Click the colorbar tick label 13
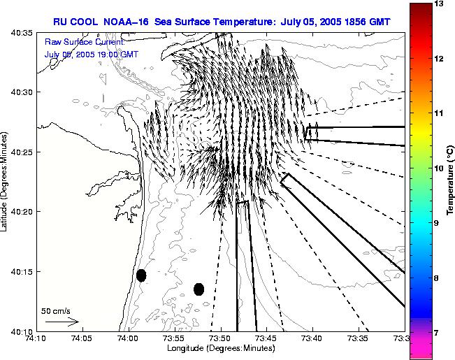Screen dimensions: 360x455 point(439,4)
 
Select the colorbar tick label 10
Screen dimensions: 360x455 point(439,168)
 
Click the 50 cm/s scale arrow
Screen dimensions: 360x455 point(62,322)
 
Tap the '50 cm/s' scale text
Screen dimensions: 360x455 point(56,311)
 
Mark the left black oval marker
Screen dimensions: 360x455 point(141,275)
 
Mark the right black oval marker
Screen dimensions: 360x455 point(198,289)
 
